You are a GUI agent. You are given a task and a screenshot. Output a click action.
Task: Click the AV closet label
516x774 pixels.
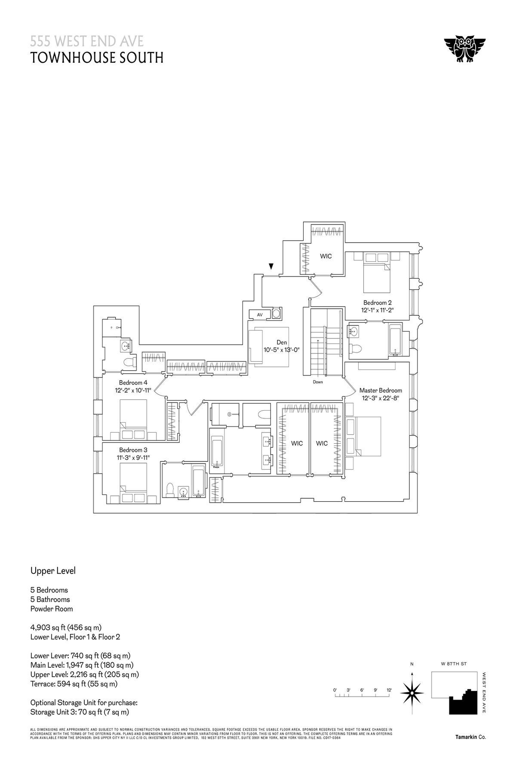[x=259, y=315]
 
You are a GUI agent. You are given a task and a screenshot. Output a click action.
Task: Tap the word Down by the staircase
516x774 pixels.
[x=318, y=381]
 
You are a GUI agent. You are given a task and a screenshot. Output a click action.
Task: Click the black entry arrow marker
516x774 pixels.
[x=271, y=267]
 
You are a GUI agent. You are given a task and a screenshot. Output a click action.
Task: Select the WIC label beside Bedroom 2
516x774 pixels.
[x=326, y=256]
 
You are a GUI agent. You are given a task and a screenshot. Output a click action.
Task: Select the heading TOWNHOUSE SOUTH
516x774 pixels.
[x=97, y=58]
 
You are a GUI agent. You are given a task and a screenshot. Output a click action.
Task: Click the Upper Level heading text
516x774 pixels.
[x=53, y=571]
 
